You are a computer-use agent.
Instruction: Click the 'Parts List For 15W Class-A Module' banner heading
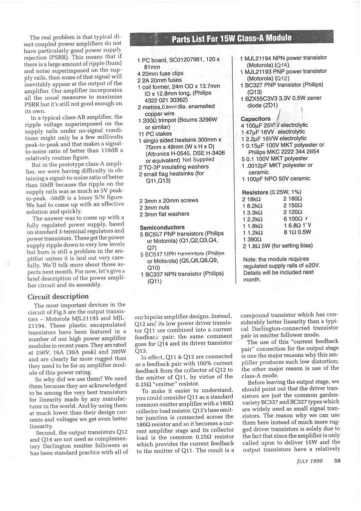[x=232, y=38]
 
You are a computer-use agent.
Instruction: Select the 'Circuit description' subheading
[x=58, y=296]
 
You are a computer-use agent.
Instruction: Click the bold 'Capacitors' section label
[x=256, y=119]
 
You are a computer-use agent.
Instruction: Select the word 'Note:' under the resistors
[x=252, y=259]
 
